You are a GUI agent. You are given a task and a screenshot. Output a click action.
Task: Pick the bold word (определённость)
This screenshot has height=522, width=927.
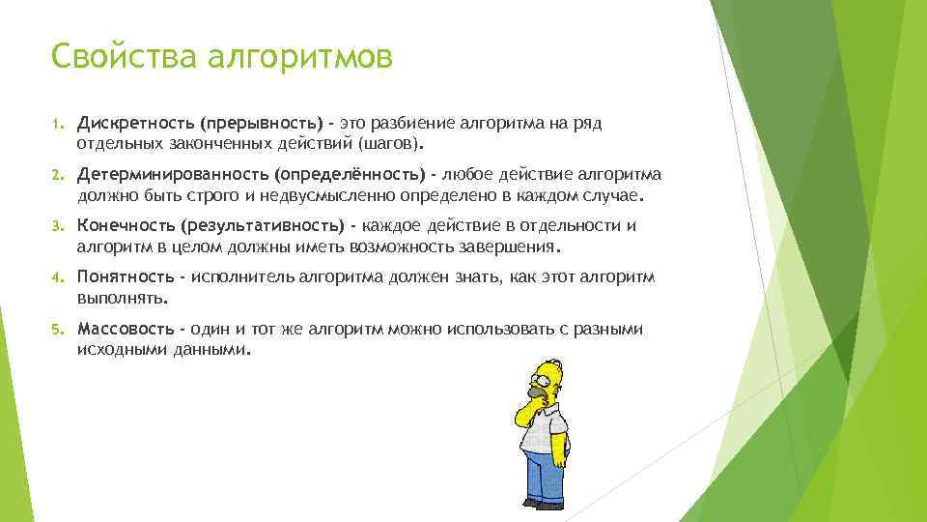(349, 175)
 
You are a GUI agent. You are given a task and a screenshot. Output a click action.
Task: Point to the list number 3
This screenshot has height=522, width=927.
(56, 226)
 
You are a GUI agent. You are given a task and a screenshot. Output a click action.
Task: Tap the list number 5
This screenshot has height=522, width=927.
(56, 329)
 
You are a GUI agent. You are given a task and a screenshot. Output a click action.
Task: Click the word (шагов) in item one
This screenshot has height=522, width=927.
(389, 143)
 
